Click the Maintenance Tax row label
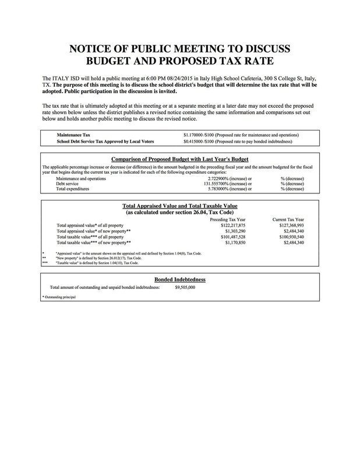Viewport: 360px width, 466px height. coord(69,135)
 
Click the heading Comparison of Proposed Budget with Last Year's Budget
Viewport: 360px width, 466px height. coord(179,159)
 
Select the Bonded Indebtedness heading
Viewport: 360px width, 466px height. coord(179,279)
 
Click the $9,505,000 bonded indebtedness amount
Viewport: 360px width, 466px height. coord(185,287)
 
